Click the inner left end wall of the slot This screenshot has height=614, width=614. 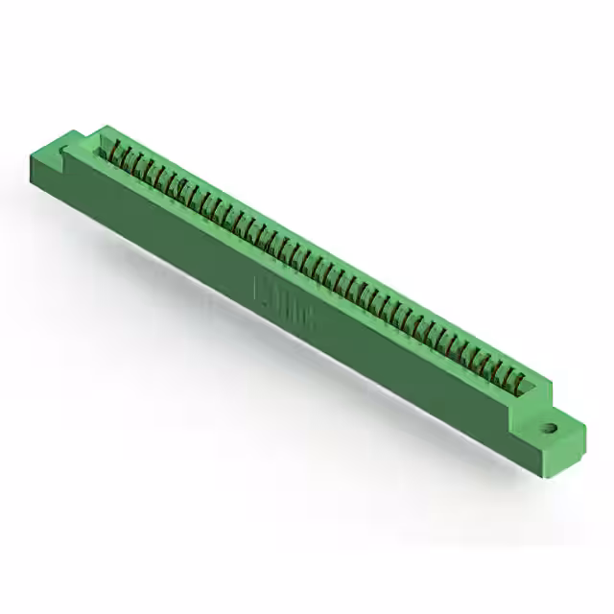tap(103, 144)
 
